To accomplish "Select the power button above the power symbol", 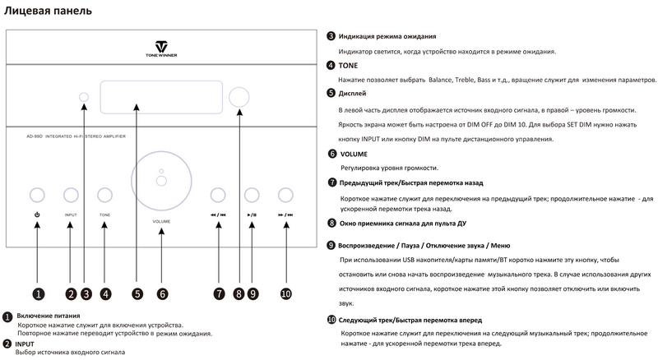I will (38, 195).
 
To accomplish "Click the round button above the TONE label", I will (104, 195).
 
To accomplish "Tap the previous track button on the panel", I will (218, 195).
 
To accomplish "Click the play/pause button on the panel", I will (252, 195).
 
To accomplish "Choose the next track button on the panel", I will (285, 195).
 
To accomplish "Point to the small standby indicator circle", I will (85, 99).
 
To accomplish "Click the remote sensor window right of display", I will (239, 97).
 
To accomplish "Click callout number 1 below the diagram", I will (38, 293).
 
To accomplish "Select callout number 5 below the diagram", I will (137, 293).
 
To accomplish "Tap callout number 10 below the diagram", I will (285, 293).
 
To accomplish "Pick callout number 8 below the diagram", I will (239, 293).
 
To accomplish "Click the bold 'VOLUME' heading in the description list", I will (353, 154).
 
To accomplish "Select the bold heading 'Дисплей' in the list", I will (354, 93).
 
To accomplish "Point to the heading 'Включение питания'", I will (50, 316).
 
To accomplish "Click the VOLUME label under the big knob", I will (161, 223).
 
